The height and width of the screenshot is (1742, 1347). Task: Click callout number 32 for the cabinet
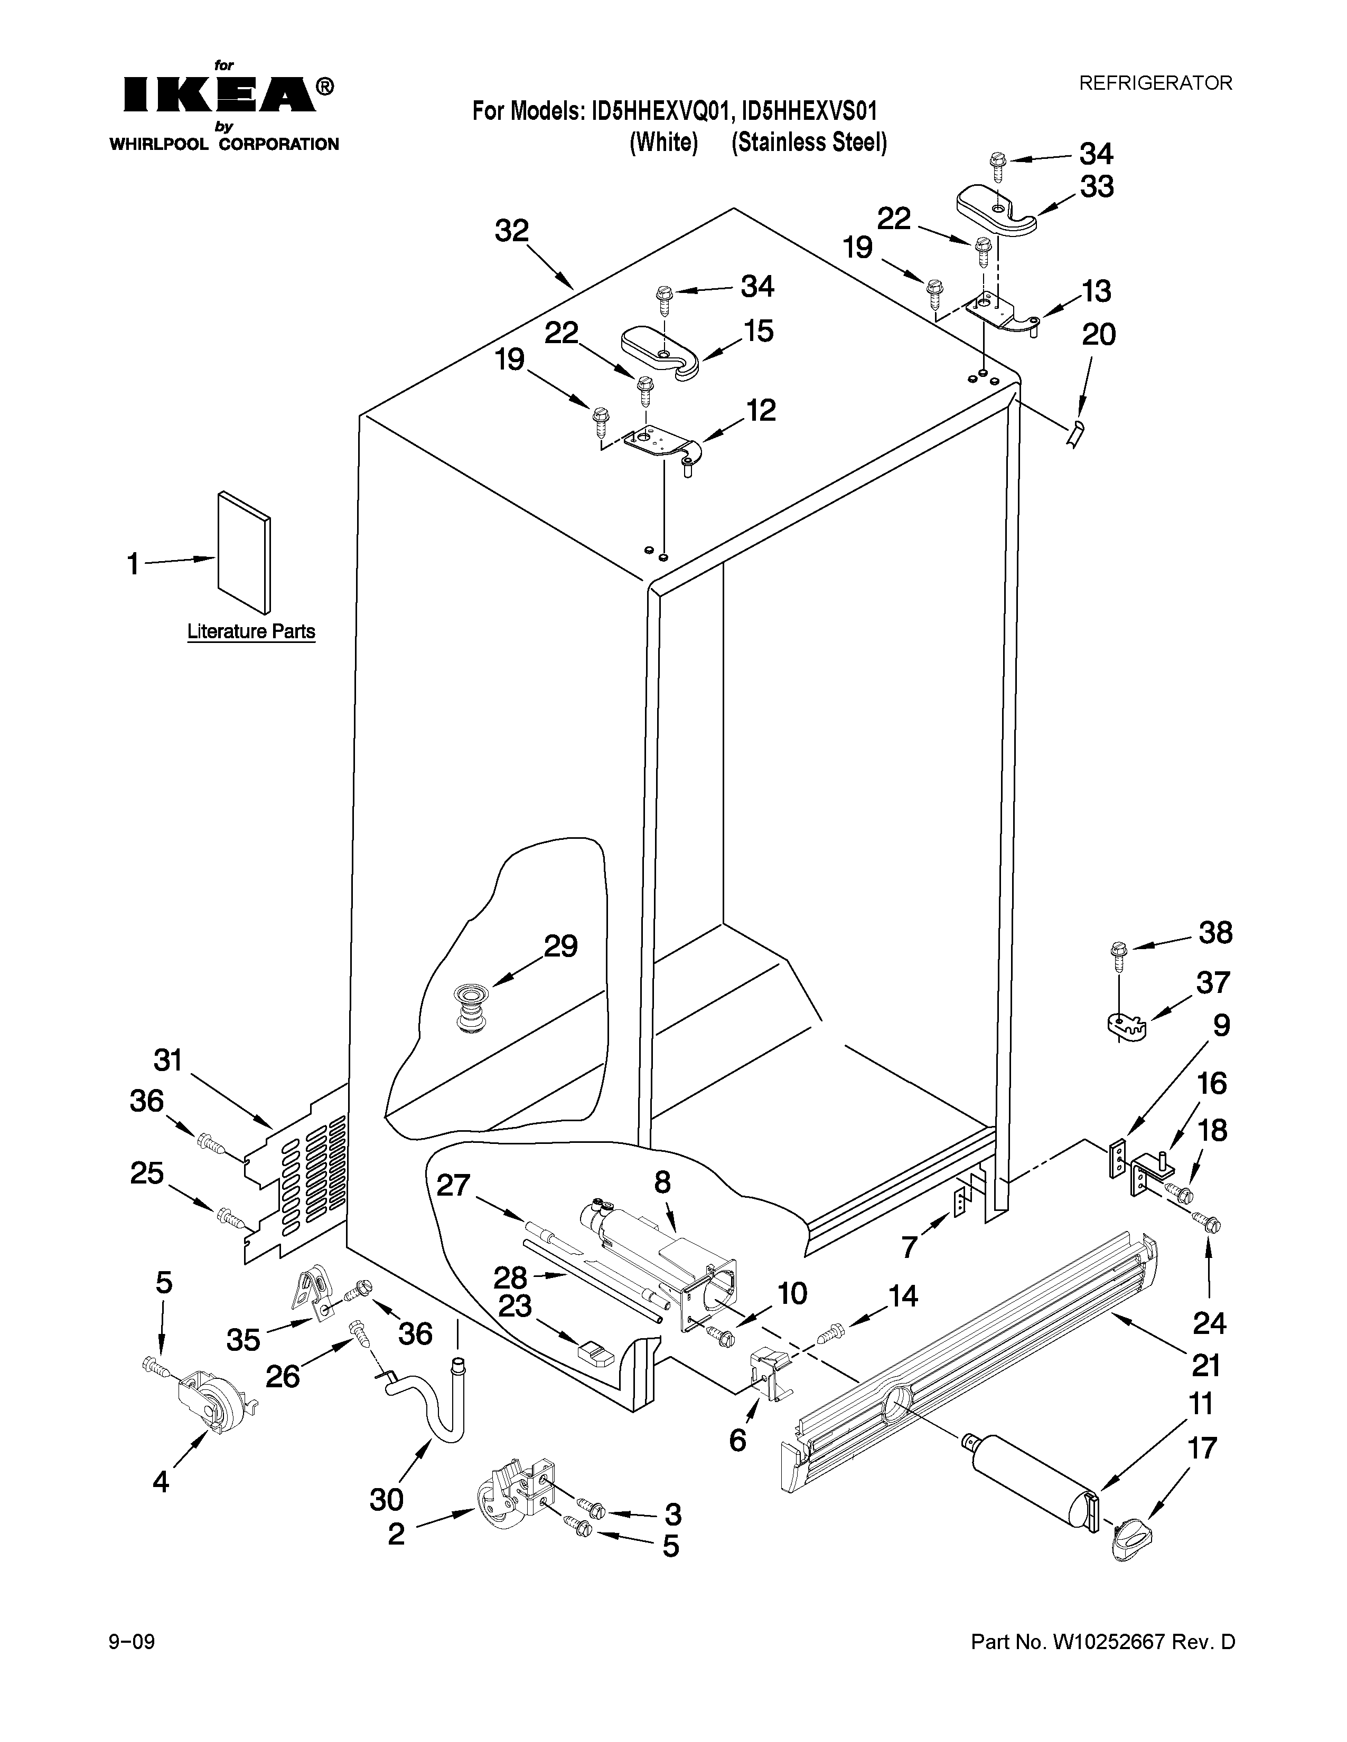coord(511,231)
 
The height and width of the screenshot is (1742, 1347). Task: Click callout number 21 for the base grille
coord(1205,1366)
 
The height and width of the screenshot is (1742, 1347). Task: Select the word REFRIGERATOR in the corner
coord(1155,83)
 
